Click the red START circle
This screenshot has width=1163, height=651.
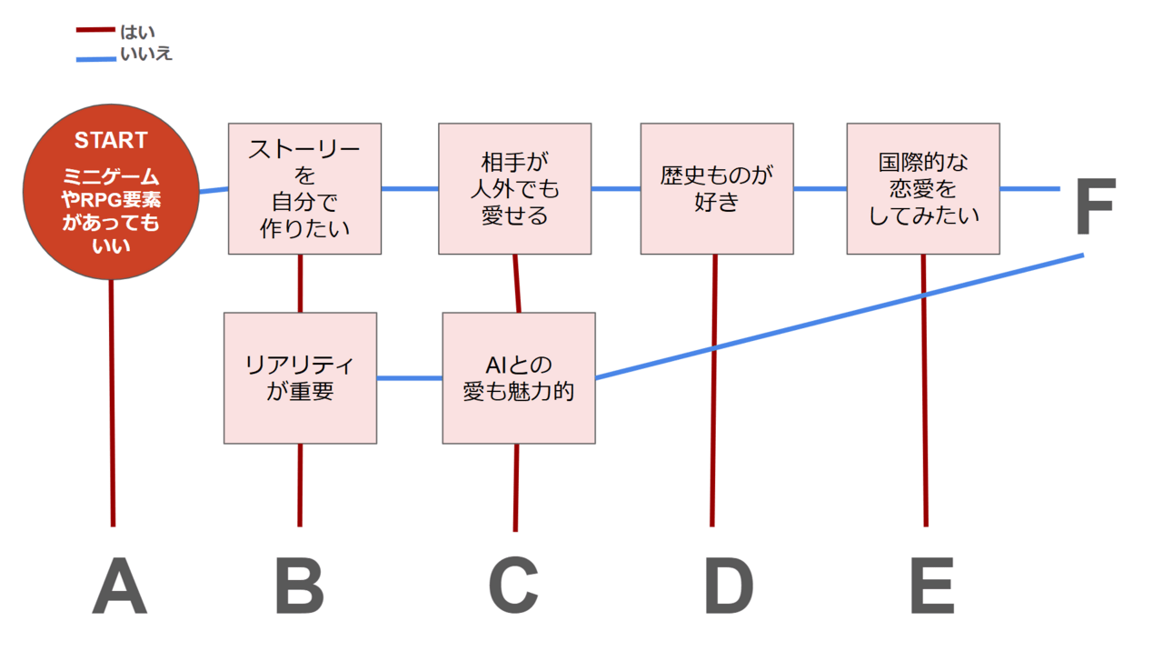[x=111, y=192]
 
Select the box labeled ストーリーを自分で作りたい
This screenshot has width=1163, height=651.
[x=304, y=188]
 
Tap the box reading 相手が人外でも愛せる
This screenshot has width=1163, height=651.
[x=514, y=188]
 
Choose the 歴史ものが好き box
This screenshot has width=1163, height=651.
[x=716, y=188]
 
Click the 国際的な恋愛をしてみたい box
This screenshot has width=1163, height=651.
[x=922, y=188]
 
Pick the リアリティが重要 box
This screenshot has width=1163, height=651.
[x=300, y=377]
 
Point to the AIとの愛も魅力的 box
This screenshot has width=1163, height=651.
[x=519, y=377]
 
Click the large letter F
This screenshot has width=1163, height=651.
[x=1094, y=207]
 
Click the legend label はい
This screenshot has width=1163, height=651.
[x=137, y=33]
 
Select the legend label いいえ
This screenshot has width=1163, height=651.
[x=146, y=54]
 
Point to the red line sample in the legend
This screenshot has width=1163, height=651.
[x=94, y=30]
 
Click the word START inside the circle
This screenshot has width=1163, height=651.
[x=110, y=141]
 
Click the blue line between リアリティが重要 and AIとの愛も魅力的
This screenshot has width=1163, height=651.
[x=409, y=377]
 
